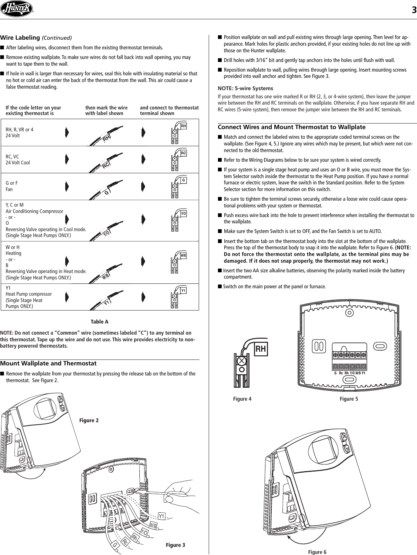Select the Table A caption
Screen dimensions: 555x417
(100, 322)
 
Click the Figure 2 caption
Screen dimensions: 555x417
(89, 420)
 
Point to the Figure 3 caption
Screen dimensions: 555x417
(175, 545)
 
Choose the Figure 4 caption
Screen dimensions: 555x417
(242, 399)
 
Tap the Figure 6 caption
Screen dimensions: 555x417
(317, 552)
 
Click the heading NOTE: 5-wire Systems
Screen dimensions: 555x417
(245, 88)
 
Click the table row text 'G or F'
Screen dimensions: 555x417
(12, 183)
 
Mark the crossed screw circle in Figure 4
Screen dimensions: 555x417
(242, 361)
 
